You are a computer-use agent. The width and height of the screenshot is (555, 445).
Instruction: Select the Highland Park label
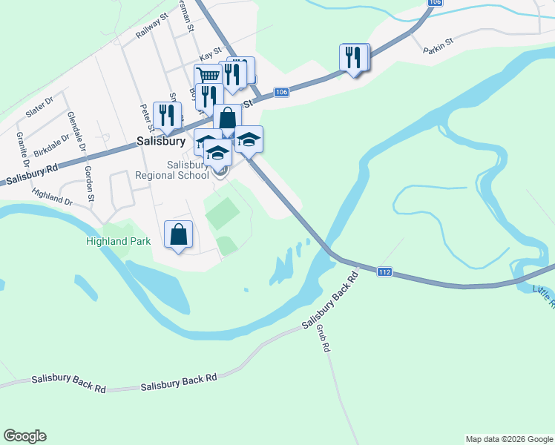click(118, 241)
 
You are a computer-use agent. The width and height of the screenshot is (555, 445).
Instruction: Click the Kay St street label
click(211, 56)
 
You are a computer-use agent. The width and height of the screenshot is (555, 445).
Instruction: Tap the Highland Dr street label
click(52, 197)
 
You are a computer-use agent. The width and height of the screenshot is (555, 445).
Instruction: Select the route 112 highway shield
click(384, 272)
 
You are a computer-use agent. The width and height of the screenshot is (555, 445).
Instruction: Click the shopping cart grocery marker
click(208, 75)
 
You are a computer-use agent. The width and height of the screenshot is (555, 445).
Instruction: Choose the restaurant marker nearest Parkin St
click(354, 56)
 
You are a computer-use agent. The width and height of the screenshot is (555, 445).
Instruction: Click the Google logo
click(24, 436)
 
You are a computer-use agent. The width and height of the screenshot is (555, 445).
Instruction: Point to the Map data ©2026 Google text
click(508, 439)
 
